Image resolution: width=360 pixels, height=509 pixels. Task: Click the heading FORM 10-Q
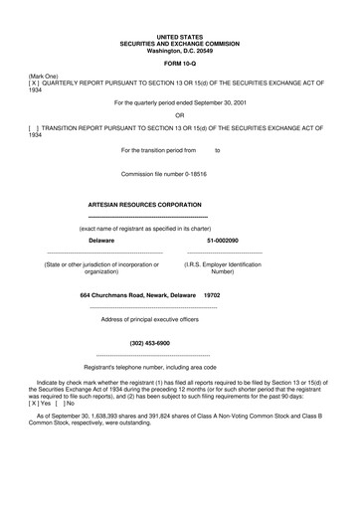coord(179,64)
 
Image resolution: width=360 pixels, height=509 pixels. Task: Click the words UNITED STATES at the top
coord(179,35)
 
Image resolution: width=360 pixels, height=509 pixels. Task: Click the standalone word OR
coord(179,114)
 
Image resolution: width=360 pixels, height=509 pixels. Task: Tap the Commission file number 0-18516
coord(179,172)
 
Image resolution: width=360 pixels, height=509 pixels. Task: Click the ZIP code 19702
coord(212,295)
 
